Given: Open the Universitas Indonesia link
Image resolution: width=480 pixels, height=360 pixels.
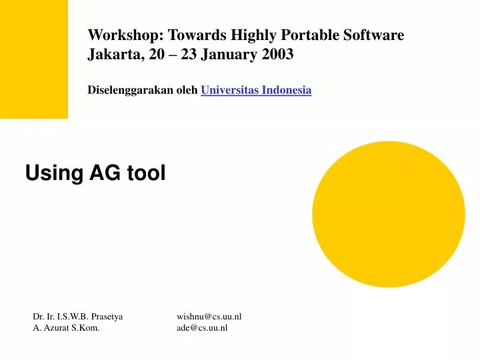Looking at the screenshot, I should click(256, 90).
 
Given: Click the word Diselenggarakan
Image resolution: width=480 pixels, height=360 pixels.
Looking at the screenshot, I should click(131, 90).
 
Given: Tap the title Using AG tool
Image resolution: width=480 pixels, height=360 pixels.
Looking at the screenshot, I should click(95, 173).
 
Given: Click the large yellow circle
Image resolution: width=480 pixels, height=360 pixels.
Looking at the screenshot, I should click(388, 215).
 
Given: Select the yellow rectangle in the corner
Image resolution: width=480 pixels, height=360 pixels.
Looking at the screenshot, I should click(33, 59).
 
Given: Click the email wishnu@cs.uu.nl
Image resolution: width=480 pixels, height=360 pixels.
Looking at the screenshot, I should click(209, 317).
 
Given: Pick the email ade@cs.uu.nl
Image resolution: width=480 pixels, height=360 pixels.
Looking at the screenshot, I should click(202, 328).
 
